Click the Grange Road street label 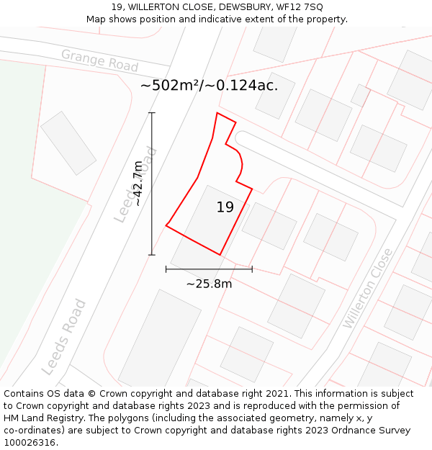tap(99, 60)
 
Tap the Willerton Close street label tap(368, 288)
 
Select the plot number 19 tap(225, 207)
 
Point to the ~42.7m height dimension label tap(138, 184)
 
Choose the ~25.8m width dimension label tap(209, 284)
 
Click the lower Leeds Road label tap(64, 337)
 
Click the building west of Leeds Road tap(68, 143)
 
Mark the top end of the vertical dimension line tap(151, 113)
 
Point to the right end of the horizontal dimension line tap(252, 269)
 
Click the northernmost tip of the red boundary tap(217, 113)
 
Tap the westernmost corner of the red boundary tap(166, 225)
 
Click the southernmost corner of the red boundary tap(220, 255)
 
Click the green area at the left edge tap(29, 216)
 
